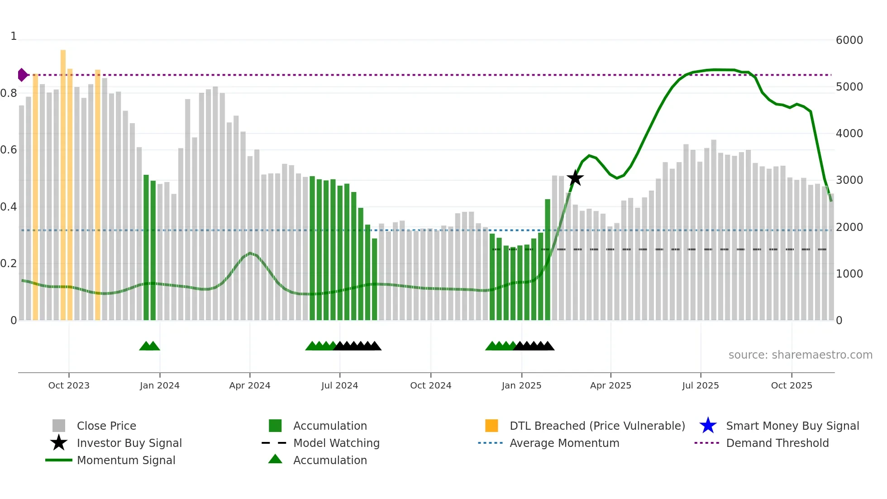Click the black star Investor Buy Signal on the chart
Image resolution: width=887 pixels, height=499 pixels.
click(x=575, y=178)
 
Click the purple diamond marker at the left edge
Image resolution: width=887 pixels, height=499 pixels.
click(x=22, y=75)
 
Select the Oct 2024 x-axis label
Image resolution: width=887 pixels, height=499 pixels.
click(x=430, y=385)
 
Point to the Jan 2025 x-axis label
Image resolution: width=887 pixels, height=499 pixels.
click(x=521, y=385)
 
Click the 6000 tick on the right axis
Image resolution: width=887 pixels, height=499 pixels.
click(x=849, y=40)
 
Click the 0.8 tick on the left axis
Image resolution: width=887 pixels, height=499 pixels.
click(x=9, y=93)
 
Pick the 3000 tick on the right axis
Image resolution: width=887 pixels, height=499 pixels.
click(x=849, y=180)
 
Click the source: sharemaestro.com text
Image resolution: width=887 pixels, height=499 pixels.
click(x=800, y=355)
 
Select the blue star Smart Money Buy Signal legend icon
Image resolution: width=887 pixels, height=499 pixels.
click(x=708, y=426)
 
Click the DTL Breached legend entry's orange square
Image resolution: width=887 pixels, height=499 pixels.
click(x=491, y=426)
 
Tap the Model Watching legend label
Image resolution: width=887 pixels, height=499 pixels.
click(x=336, y=443)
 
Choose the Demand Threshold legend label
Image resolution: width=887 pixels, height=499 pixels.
click(x=777, y=443)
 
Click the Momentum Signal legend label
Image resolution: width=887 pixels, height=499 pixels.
click(x=126, y=460)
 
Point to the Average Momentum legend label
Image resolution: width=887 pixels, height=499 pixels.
click(x=564, y=443)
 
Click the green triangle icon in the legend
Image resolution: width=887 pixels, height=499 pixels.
click(x=275, y=459)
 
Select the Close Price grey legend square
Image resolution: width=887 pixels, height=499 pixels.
click(x=59, y=426)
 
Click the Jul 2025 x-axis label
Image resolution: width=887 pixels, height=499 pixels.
click(x=700, y=385)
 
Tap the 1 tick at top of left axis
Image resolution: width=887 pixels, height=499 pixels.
click(x=14, y=36)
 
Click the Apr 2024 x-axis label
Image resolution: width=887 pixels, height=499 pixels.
click(x=249, y=385)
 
